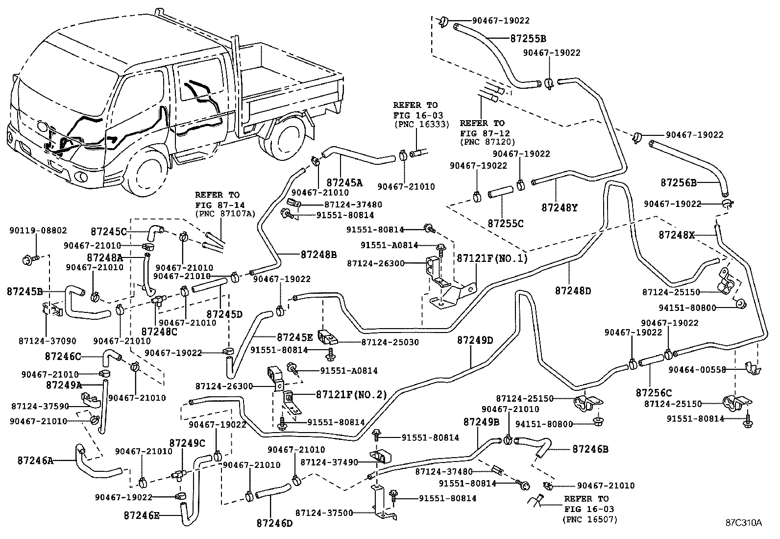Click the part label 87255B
coord(528,38)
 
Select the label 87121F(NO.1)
coord(492,258)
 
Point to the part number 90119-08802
coord(38,230)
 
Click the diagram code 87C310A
coord(744,522)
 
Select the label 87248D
coord(573,291)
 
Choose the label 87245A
coord(344,183)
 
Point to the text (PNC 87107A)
coord(225,213)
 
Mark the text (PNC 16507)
coord(590,519)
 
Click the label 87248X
coord(677,235)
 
